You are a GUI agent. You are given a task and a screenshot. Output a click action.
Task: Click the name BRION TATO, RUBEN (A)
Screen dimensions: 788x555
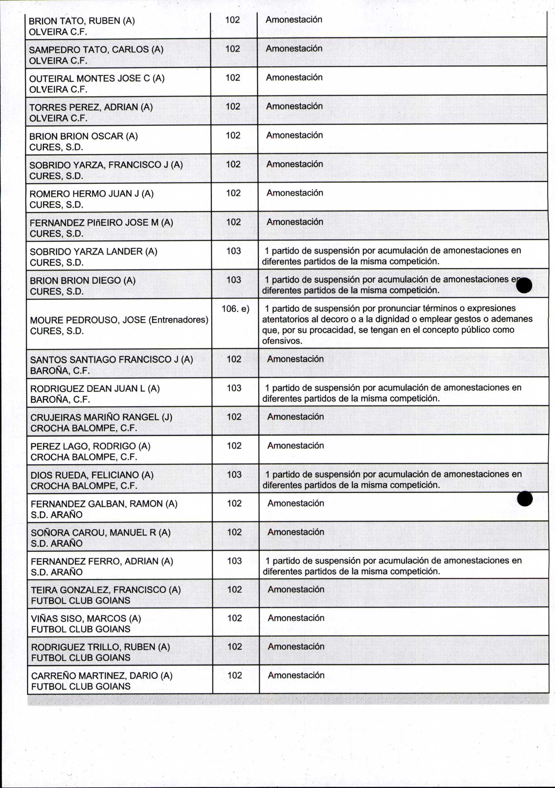click(x=82, y=21)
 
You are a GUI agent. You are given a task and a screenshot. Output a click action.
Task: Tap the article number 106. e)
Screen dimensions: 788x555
click(x=235, y=309)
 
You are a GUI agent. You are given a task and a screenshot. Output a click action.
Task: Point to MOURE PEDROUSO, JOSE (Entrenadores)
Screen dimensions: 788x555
click(x=119, y=320)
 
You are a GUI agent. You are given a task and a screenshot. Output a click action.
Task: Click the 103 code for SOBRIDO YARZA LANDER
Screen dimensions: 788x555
click(x=233, y=251)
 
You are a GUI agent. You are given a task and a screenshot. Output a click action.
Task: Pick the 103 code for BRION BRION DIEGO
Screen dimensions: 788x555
click(x=233, y=280)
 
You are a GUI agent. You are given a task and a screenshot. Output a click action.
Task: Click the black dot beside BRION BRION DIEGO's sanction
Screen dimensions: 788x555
click(x=524, y=285)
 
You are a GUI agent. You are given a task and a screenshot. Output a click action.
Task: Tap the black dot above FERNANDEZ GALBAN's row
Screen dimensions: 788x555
click(x=525, y=499)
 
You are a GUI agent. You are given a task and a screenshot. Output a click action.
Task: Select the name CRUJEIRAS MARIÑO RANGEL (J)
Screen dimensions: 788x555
click(x=101, y=417)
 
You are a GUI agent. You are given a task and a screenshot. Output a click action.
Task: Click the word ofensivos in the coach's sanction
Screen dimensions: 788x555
click(x=282, y=341)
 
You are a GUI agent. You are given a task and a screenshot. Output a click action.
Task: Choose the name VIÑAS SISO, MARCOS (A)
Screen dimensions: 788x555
click(x=86, y=619)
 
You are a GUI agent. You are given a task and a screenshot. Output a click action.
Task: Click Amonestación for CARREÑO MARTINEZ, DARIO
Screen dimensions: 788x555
click(x=296, y=675)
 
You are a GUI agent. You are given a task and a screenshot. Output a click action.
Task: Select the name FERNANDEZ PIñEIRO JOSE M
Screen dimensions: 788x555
click(x=101, y=223)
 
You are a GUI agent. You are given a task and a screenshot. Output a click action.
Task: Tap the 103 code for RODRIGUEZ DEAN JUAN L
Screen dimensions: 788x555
click(x=234, y=388)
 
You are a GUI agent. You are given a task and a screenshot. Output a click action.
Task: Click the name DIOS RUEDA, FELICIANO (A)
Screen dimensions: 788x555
click(x=92, y=475)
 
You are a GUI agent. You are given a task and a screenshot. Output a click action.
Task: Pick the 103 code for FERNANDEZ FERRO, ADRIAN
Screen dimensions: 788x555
click(x=234, y=561)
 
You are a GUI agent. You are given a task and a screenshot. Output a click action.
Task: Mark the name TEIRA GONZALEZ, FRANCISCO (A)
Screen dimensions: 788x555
click(x=105, y=590)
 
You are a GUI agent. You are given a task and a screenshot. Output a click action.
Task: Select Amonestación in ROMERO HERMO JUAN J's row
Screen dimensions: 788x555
click(x=295, y=193)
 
